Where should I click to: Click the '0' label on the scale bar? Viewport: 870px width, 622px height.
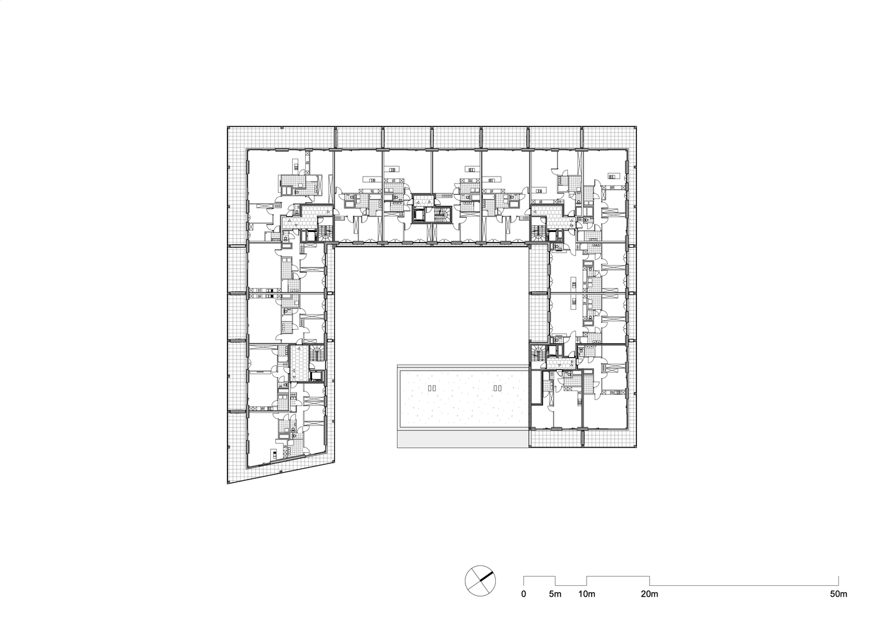pos(523,594)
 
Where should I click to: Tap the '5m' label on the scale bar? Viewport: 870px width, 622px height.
pos(555,594)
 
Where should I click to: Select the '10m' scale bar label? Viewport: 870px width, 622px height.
pos(587,594)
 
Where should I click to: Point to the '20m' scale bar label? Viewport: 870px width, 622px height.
pos(650,594)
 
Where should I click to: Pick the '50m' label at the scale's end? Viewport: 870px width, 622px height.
pos(838,594)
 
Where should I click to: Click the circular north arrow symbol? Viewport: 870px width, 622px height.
pos(480,580)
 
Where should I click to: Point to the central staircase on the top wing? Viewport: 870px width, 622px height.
pos(443,215)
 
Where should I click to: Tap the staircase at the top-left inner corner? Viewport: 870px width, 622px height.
pos(326,234)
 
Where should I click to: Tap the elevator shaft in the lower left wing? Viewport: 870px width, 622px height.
pos(316,375)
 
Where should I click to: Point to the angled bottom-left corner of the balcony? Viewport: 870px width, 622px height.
pos(229,483)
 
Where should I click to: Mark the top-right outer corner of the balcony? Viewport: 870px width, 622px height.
pos(638,128)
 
